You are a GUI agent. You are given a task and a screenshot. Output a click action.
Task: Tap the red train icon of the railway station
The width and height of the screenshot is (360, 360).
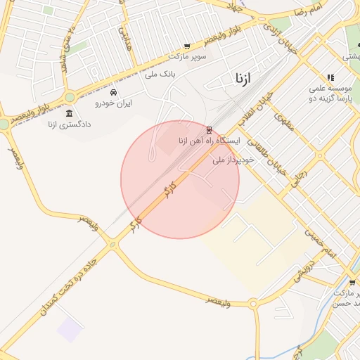coord(209,130)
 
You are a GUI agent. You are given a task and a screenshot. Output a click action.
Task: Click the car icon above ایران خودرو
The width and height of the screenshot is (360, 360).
coord(114,92)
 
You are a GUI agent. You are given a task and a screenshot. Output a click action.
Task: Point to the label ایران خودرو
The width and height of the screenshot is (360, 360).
coord(114,103)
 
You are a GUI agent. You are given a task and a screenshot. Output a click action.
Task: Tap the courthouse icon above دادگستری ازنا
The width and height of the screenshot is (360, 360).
coord(69,114)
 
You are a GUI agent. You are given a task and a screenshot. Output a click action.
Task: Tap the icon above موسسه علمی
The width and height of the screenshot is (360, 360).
coord(330,78)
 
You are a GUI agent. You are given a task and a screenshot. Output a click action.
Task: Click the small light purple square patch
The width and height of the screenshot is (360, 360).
coord(70,328)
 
